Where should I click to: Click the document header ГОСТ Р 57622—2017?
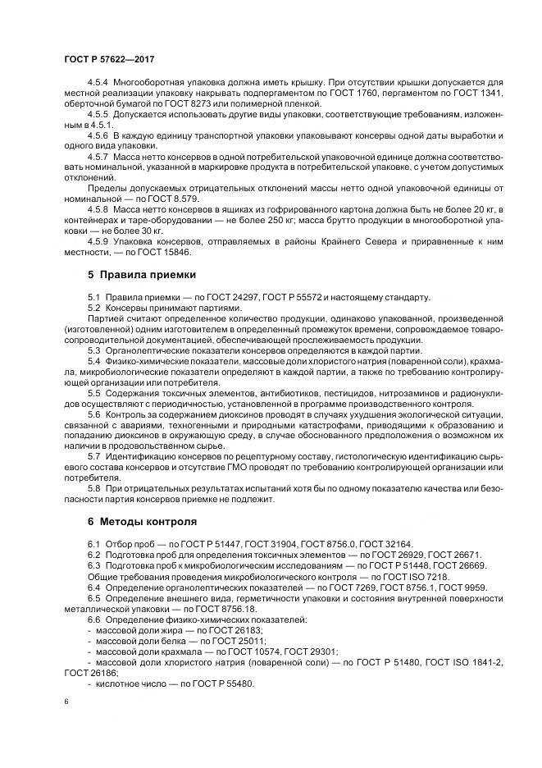click(x=109, y=60)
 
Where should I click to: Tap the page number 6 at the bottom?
click(x=66, y=702)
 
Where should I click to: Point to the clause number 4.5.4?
click(x=98, y=83)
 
